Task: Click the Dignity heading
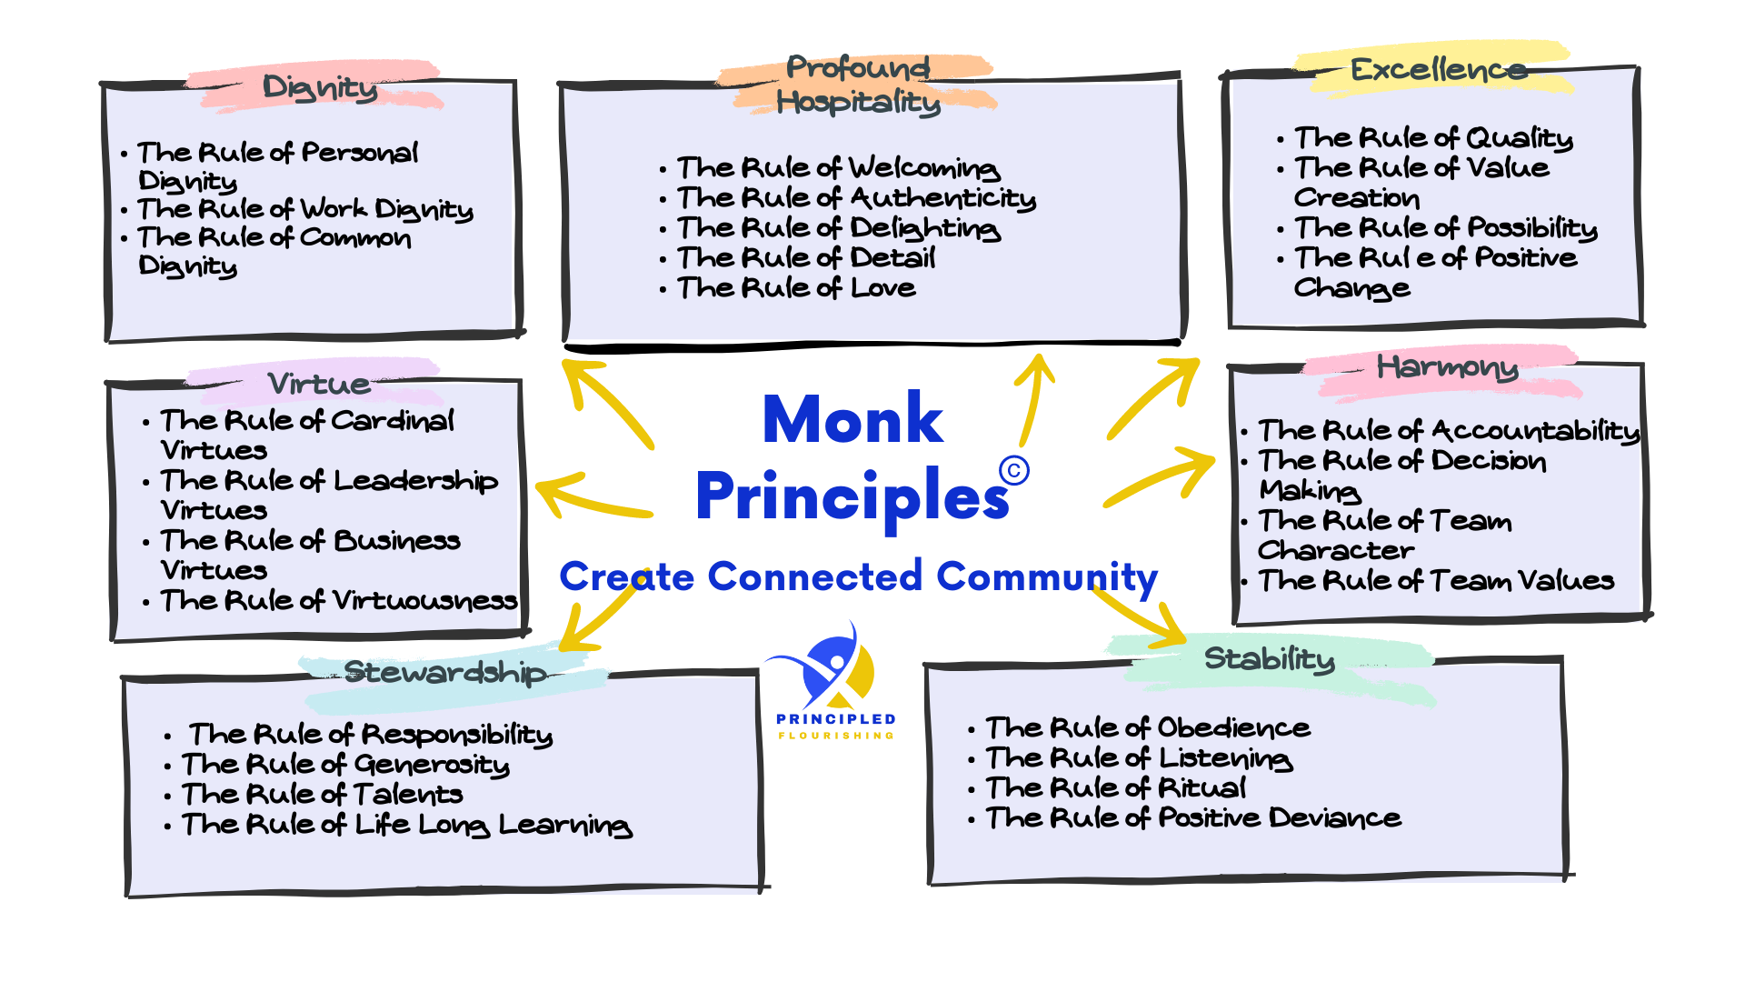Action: (320, 87)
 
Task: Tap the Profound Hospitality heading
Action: (858, 85)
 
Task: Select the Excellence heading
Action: (1438, 70)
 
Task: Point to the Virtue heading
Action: (319, 384)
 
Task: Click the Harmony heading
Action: (1447, 367)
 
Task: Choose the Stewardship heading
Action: (445, 672)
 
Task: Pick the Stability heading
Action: (1269, 658)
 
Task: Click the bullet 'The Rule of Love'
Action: (796, 288)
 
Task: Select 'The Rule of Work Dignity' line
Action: (305, 209)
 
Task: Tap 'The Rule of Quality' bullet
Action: (1433, 138)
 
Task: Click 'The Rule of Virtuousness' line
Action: (339, 601)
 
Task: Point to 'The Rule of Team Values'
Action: (1436, 581)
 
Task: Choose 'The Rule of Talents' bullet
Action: (322, 795)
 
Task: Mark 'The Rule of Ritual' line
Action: (1116, 787)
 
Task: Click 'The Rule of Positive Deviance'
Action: (1193, 818)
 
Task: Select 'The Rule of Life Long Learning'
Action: (406, 825)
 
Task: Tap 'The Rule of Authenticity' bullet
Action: (856, 198)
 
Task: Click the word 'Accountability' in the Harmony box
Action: (1536, 431)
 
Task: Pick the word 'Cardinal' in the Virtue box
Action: (393, 421)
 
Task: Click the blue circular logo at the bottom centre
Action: (837, 674)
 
